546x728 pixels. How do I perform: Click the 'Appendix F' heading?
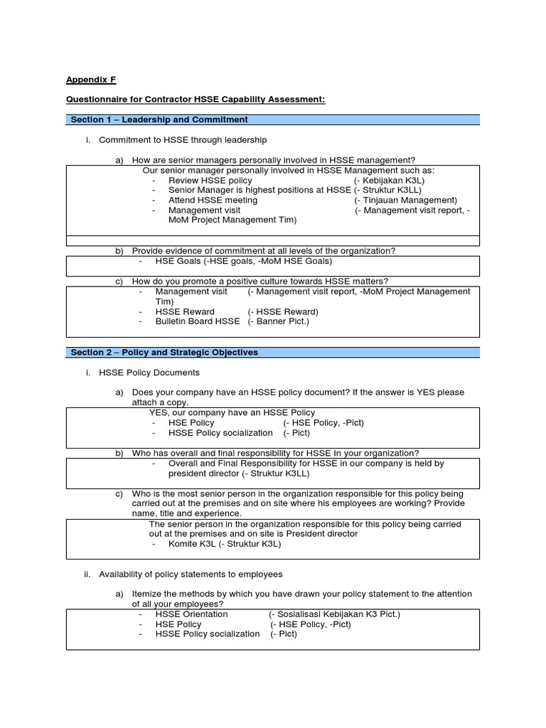(x=91, y=80)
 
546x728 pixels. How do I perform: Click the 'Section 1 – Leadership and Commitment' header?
(x=159, y=119)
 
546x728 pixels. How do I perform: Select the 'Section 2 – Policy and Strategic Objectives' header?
(x=164, y=352)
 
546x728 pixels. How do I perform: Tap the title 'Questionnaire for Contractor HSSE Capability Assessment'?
(x=196, y=100)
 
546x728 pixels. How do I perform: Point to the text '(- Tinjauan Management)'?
(x=406, y=200)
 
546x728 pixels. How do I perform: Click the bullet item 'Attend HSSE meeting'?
(x=213, y=200)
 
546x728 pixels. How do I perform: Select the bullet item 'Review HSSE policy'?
(x=210, y=181)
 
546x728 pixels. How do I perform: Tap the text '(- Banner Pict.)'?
(x=278, y=321)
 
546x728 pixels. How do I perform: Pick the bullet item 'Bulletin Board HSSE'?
(x=197, y=321)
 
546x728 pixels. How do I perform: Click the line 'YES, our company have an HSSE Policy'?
(x=232, y=412)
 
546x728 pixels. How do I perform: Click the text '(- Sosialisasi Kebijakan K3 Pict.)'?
(x=334, y=614)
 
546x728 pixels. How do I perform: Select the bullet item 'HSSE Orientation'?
(x=191, y=614)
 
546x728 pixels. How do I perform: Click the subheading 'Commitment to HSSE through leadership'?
(x=183, y=140)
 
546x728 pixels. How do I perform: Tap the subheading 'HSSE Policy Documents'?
(x=149, y=373)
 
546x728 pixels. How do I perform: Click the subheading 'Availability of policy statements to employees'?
(x=191, y=574)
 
